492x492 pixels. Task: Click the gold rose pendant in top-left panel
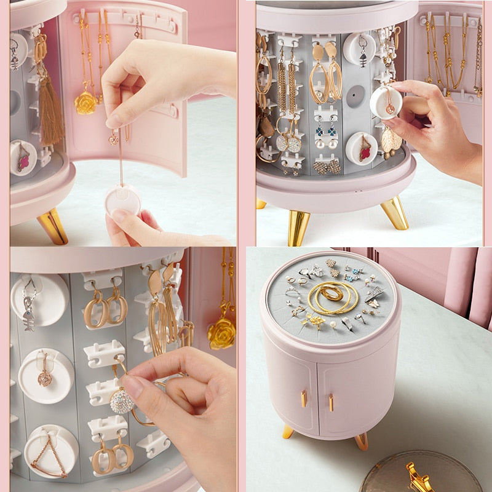(x=85, y=102)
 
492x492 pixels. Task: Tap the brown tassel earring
(x=50, y=117)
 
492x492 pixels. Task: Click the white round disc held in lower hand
(x=122, y=200)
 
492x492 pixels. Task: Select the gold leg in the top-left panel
(x=53, y=226)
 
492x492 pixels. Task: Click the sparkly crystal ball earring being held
(x=121, y=402)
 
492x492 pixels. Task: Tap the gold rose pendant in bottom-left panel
(x=221, y=332)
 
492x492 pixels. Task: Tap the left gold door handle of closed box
(x=304, y=399)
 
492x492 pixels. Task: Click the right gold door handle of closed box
(x=331, y=403)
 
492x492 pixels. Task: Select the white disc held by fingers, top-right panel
(x=386, y=101)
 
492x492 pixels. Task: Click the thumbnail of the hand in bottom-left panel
(x=133, y=387)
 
